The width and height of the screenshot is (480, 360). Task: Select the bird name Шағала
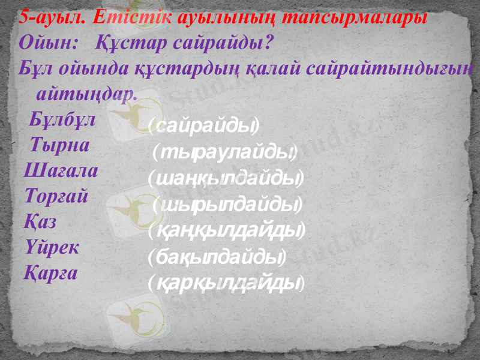tap(61, 172)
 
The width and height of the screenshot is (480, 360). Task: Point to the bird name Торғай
tap(57, 197)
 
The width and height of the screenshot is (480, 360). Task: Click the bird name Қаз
tap(41, 222)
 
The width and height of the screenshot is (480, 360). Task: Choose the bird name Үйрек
tap(53, 247)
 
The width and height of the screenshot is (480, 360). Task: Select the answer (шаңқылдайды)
tap(225, 178)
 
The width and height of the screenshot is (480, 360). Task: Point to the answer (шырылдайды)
tap(227, 205)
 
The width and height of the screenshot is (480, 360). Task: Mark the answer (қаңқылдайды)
tap(227, 230)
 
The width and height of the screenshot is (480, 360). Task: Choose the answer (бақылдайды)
tap(217, 257)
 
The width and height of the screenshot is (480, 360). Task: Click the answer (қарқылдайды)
tap(226, 281)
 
